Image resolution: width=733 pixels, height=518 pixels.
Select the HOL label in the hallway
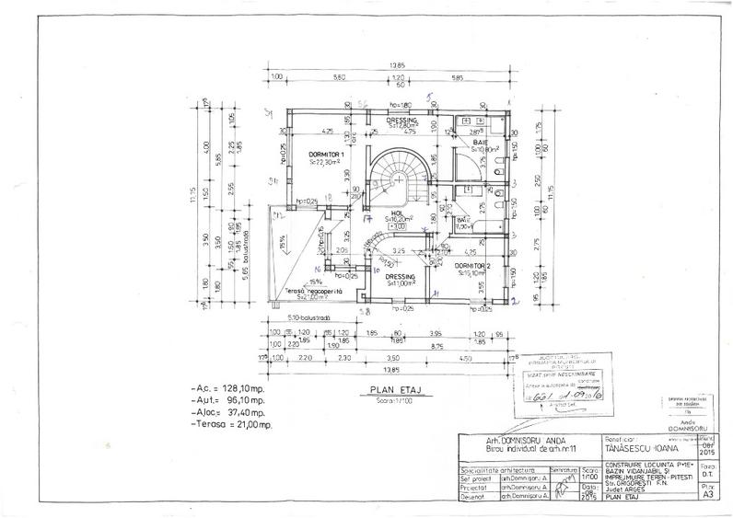pos(398,213)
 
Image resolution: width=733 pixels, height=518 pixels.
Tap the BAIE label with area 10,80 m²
pos(480,144)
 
